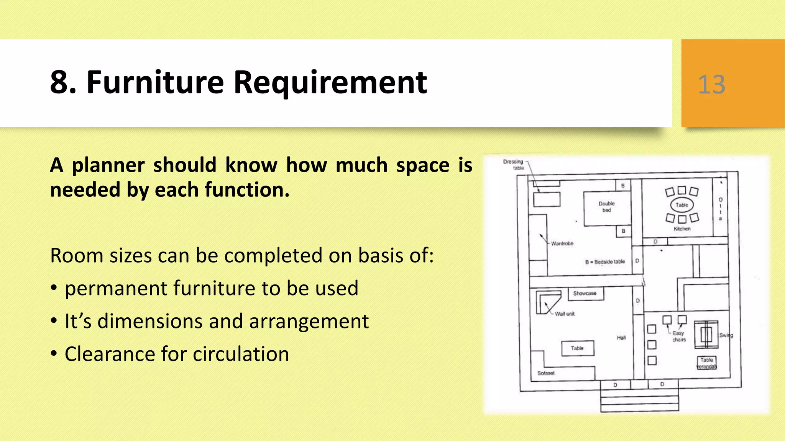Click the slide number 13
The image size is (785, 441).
[711, 84]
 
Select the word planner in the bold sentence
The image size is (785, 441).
[108, 165]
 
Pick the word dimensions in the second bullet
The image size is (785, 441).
[150, 321]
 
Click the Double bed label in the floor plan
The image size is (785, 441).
[606, 207]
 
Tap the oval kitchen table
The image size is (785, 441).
[682, 205]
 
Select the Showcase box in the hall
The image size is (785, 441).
[585, 293]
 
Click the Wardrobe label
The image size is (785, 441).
[562, 243]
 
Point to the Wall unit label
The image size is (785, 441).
[565, 314]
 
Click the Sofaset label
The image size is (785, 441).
[546, 373]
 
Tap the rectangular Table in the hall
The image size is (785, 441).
[577, 348]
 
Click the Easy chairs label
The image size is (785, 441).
[679, 336]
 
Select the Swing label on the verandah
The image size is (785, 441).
[726, 335]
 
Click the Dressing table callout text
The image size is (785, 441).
[514, 165]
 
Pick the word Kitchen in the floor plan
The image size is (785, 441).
[682, 229]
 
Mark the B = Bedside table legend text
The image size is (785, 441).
[605, 262]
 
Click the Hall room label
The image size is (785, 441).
[621, 338]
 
